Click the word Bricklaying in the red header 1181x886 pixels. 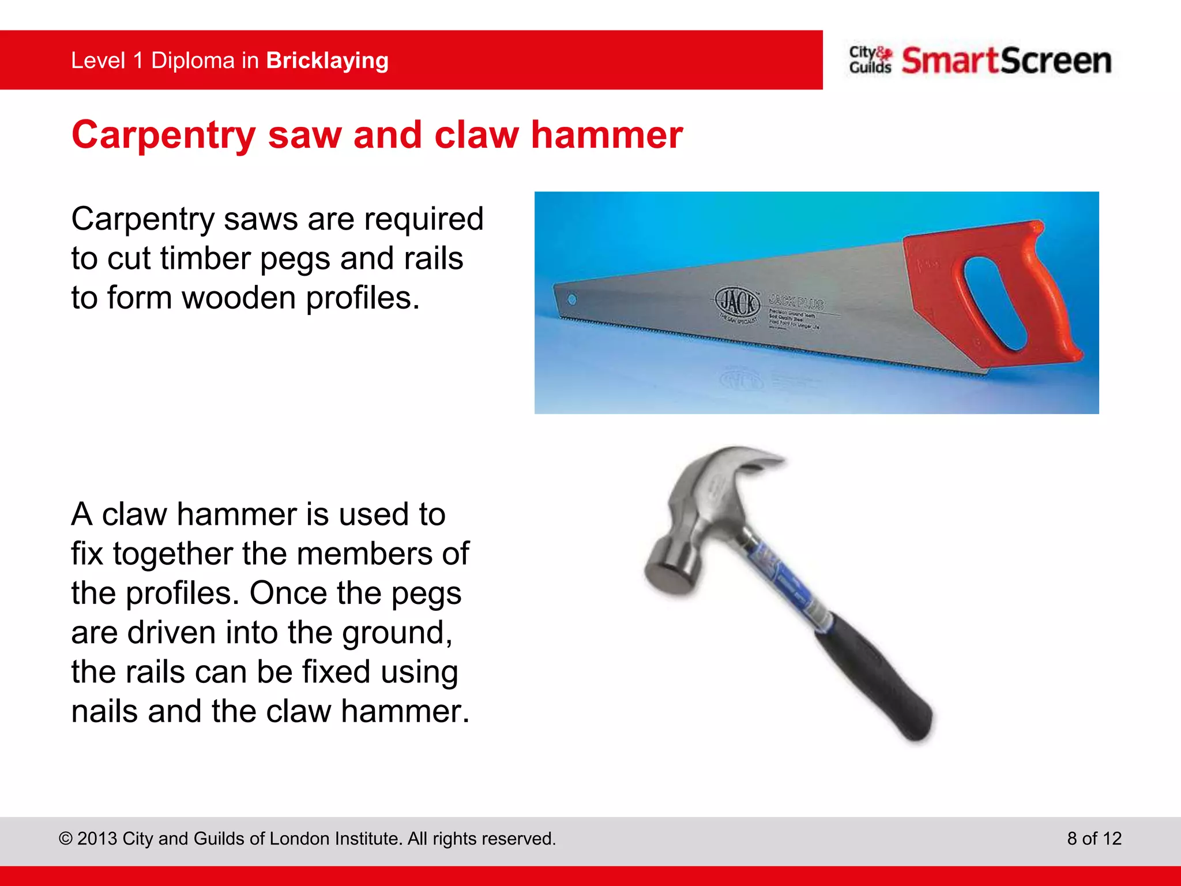coord(327,61)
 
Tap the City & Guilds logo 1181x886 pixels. coord(870,60)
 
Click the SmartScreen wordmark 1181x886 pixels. coord(1006,61)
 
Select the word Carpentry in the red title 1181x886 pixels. coord(163,136)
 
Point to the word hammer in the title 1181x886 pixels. coord(607,135)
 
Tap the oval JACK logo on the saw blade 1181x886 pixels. coord(738,302)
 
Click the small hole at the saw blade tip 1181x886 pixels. coord(572,299)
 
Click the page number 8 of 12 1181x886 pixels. coord(1094,838)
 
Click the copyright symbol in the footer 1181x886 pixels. coord(66,839)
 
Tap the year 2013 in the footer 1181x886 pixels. coord(97,839)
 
